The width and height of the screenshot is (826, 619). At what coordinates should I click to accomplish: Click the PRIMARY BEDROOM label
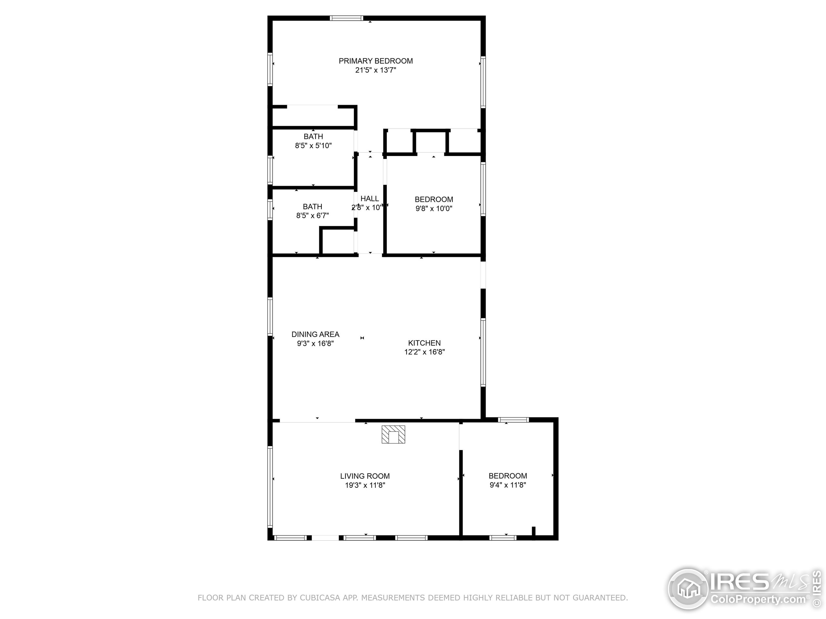[376, 61]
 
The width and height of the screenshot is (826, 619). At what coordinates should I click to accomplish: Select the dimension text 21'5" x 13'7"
[376, 70]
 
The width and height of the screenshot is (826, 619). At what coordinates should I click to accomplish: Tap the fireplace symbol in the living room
[393, 435]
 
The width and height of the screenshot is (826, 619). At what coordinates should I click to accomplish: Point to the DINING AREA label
[315, 334]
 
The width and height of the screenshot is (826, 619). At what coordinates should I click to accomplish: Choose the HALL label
[370, 199]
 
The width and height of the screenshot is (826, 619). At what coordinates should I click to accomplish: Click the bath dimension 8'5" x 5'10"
[313, 145]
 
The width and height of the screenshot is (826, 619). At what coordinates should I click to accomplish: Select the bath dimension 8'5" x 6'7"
[313, 215]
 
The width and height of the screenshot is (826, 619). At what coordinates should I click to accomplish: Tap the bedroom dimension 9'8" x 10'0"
[434, 208]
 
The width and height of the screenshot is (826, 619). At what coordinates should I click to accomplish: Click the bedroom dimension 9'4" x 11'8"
[508, 485]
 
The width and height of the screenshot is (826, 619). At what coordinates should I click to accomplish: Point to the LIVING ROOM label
[365, 476]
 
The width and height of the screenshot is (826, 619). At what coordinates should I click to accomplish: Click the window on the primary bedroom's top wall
[347, 18]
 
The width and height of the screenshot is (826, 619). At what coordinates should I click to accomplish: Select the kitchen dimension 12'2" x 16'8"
[424, 352]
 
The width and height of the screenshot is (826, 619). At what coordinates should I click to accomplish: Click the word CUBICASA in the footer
[320, 598]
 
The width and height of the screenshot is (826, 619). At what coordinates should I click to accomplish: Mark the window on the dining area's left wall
[270, 316]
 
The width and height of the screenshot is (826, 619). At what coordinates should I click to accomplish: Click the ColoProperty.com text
[758, 600]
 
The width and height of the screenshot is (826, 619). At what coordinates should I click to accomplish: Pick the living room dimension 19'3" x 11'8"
[365, 486]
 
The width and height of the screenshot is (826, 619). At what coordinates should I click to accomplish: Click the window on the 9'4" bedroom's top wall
[513, 420]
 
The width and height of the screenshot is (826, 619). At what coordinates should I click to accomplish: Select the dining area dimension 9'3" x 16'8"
[315, 343]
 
